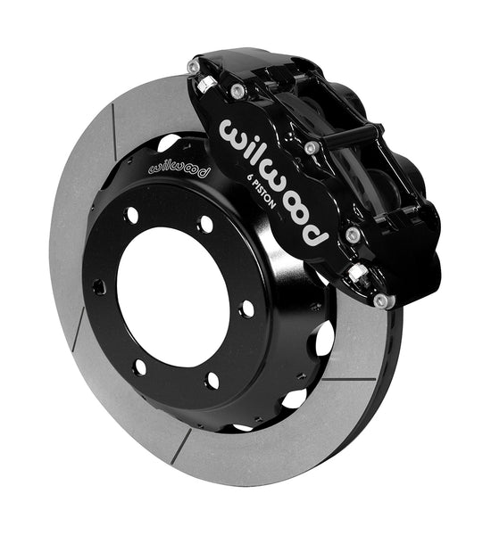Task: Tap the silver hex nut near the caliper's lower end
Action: pos(357,272)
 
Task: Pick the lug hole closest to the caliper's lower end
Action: pos(246,309)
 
